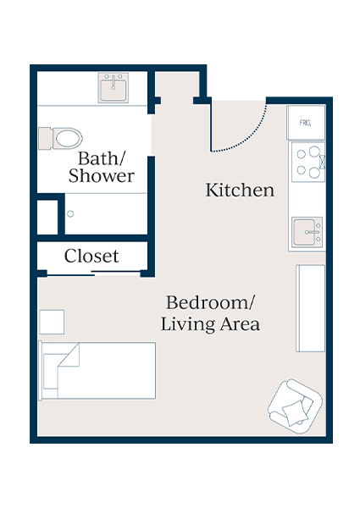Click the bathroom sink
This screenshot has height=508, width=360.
click(x=113, y=87)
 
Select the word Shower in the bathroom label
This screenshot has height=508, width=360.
click(x=101, y=176)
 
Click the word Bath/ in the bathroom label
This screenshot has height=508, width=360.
click(x=101, y=158)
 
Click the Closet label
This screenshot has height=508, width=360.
click(x=91, y=256)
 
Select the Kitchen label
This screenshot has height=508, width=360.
click(x=240, y=190)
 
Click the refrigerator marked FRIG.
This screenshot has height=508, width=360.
click(x=306, y=124)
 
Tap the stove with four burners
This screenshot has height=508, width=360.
click(x=307, y=162)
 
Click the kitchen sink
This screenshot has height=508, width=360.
click(x=307, y=231)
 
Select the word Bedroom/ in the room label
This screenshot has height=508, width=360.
click(x=209, y=303)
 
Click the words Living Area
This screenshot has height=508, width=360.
click(x=210, y=323)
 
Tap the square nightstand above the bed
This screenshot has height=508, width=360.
click(x=52, y=323)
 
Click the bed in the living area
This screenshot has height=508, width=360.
click(x=97, y=370)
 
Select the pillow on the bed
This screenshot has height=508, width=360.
click(x=59, y=370)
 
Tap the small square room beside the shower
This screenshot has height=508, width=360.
click(x=47, y=217)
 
